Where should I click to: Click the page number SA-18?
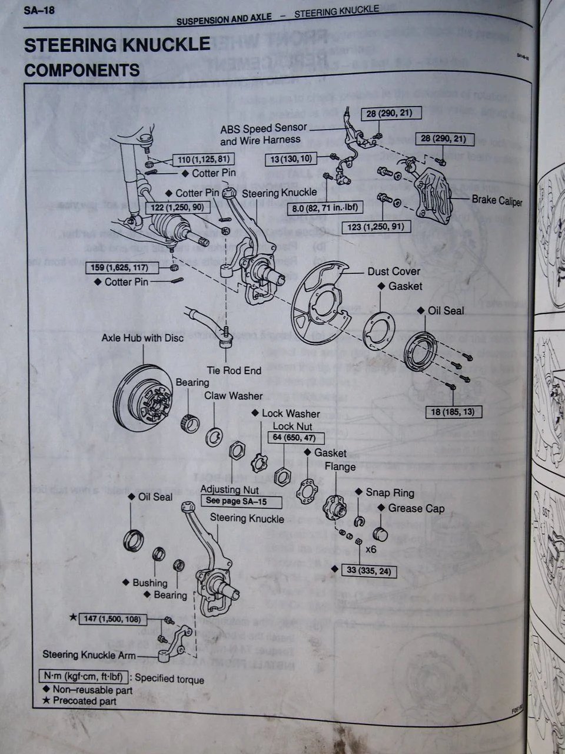[39, 10]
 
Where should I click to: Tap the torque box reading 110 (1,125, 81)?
[203, 159]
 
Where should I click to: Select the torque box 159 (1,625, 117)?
[118, 267]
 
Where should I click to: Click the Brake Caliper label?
[496, 200]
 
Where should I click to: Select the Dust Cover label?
[394, 271]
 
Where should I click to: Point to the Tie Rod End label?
[234, 371]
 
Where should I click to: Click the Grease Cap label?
[416, 508]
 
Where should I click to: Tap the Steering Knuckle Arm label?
[89, 654]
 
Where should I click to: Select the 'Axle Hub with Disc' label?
[142, 338]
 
